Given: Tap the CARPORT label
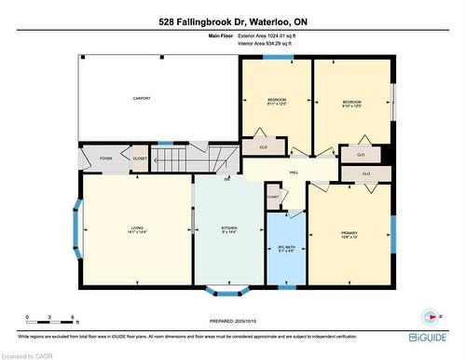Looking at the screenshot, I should pos(142,98).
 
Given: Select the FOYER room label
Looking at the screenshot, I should pos(106,158).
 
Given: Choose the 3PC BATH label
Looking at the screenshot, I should pos(285,249).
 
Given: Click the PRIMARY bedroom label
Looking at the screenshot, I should pos(349,235).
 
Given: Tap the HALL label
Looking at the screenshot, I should pos(293,173).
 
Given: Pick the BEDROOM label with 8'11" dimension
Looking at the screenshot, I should pos(277,103).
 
